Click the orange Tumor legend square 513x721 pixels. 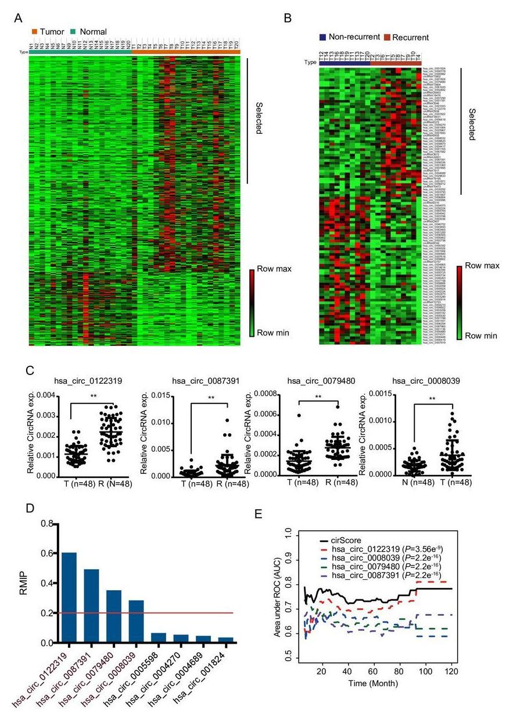point(35,31)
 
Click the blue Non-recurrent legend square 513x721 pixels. point(322,37)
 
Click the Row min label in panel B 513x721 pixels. point(481,335)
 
